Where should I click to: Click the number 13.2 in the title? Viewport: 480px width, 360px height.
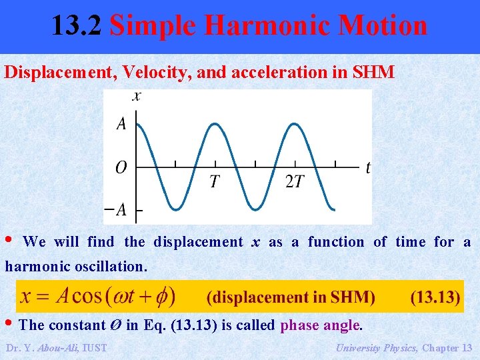77,26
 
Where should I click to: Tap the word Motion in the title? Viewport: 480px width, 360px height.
383,26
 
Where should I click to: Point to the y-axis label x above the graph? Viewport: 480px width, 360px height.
137,96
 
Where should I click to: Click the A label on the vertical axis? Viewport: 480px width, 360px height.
121,123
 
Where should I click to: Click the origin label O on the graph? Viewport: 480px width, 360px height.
121,167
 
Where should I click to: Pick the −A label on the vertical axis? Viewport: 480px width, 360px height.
115,210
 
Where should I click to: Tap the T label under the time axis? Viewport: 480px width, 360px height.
215,182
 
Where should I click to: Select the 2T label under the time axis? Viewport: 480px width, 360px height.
294,182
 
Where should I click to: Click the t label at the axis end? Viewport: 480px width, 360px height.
367,167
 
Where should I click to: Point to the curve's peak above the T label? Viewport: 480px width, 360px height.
215,124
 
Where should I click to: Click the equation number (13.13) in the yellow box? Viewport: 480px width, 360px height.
435,297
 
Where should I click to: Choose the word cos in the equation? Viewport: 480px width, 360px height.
87,297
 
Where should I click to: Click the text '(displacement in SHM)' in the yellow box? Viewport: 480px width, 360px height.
291,297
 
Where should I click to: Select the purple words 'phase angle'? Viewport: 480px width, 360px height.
320,325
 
